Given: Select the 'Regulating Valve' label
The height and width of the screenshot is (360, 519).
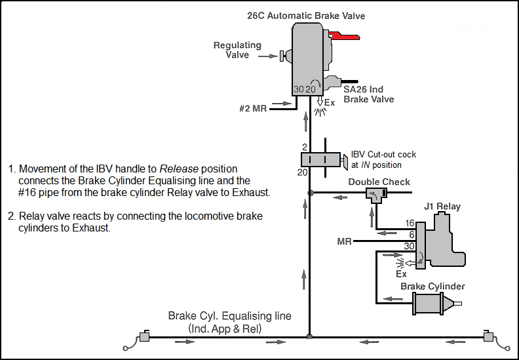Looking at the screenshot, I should click(x=238, y=50).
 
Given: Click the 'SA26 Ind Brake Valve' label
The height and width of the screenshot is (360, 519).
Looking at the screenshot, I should click(x=369, y=94).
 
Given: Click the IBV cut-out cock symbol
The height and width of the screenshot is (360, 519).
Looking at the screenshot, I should click(x=321, y=159).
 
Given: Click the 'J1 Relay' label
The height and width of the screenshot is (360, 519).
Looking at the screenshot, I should click(x=444, y=207).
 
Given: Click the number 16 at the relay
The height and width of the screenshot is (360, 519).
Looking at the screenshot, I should click(x=410, y=224).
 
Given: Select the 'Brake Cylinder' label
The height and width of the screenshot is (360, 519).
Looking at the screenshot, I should click(x=432, y=287).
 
